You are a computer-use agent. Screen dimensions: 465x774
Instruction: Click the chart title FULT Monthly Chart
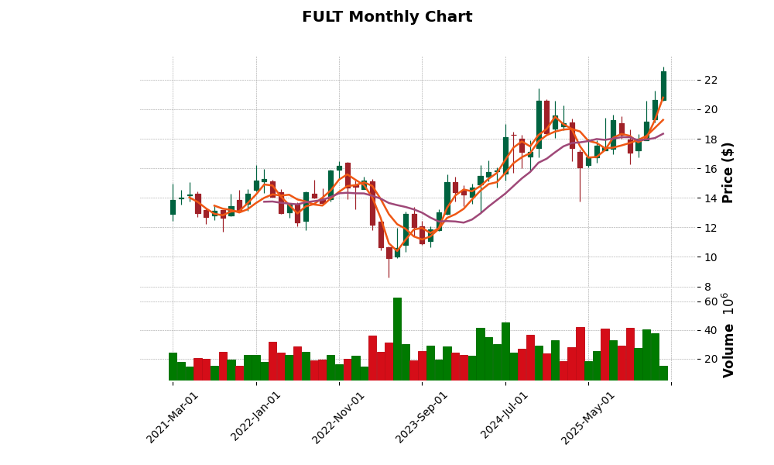(x=387, y=17)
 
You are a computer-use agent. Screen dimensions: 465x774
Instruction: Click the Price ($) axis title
(x=728, y=172)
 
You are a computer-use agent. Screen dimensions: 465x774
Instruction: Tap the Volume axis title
(x=728, y=335)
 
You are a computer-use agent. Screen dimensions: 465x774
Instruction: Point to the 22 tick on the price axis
(x=710, y=80)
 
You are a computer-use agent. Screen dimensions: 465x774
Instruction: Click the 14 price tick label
(x=710, y=198)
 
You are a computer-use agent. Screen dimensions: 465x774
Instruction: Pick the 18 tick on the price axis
(x=710, y=139)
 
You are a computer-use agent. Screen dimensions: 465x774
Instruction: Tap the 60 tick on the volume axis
(x=710, y=301)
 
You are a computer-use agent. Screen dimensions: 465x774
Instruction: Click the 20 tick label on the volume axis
(x=710, y=360)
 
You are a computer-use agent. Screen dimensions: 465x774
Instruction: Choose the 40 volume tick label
(x=710, y=331)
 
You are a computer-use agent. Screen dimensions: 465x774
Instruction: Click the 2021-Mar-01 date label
(x=173, y=417)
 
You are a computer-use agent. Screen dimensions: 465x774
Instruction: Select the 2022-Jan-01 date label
(x=256, y=417)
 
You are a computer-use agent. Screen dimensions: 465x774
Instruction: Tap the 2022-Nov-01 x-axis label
(x=338, y=417)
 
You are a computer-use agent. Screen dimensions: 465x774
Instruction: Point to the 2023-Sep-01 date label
(x=422, y=417)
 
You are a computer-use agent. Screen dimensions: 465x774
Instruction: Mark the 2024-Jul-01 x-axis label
(x=505, y=417)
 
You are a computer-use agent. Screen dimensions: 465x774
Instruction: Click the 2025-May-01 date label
(x=588, y=417)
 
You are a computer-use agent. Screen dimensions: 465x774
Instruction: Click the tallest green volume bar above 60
(x=397, y=339)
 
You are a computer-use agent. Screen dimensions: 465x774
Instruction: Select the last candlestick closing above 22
(x=663, y=85)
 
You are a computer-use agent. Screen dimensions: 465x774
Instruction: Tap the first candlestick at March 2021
(x=173, y=207)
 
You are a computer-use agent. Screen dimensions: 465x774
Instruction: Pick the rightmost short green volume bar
(x=663, y=373)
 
